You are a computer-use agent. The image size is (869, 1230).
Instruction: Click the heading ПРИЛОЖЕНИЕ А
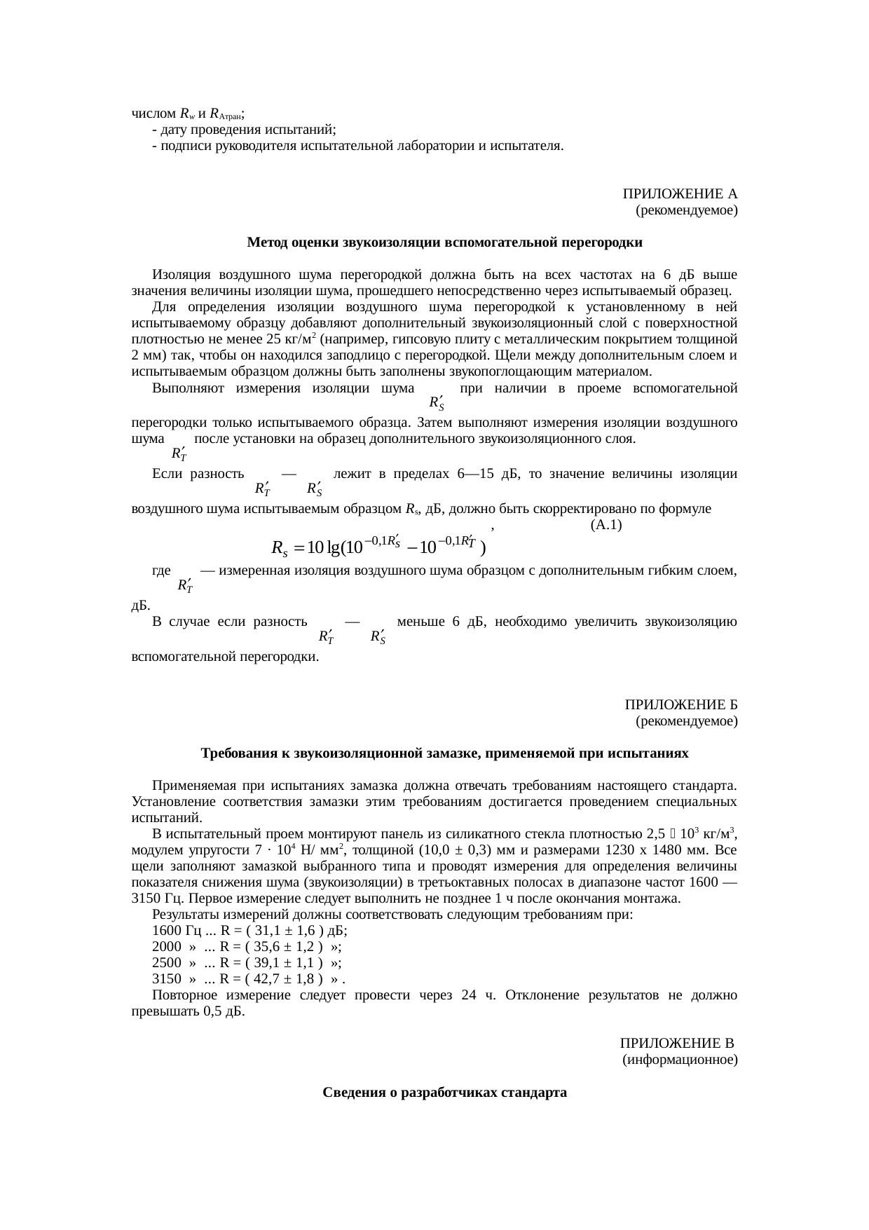click(679, 193)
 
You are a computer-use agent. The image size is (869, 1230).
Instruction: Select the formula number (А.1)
click(606, 525)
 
